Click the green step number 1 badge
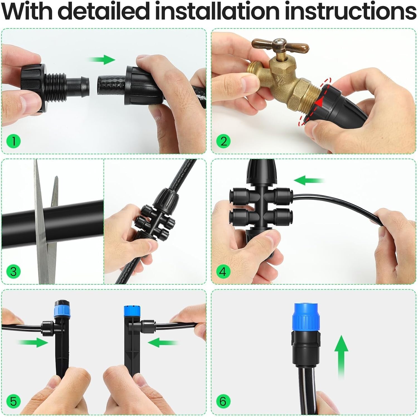13,141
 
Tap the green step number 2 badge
223,141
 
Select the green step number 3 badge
13,271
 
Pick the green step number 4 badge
223,271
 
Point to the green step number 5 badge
13,401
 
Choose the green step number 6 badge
223,401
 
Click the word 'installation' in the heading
217,11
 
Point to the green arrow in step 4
308,180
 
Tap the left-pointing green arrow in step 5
162,342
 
